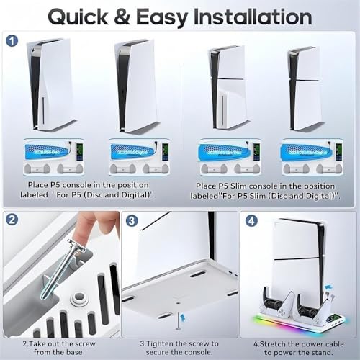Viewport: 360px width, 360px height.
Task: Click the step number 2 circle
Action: pos(13,221)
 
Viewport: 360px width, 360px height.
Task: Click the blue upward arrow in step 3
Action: pos(179,315)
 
